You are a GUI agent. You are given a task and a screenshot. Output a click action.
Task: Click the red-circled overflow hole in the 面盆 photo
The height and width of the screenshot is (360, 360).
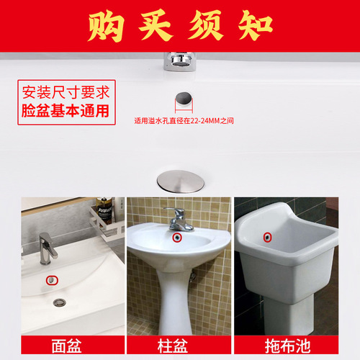(x=51, y=279)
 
